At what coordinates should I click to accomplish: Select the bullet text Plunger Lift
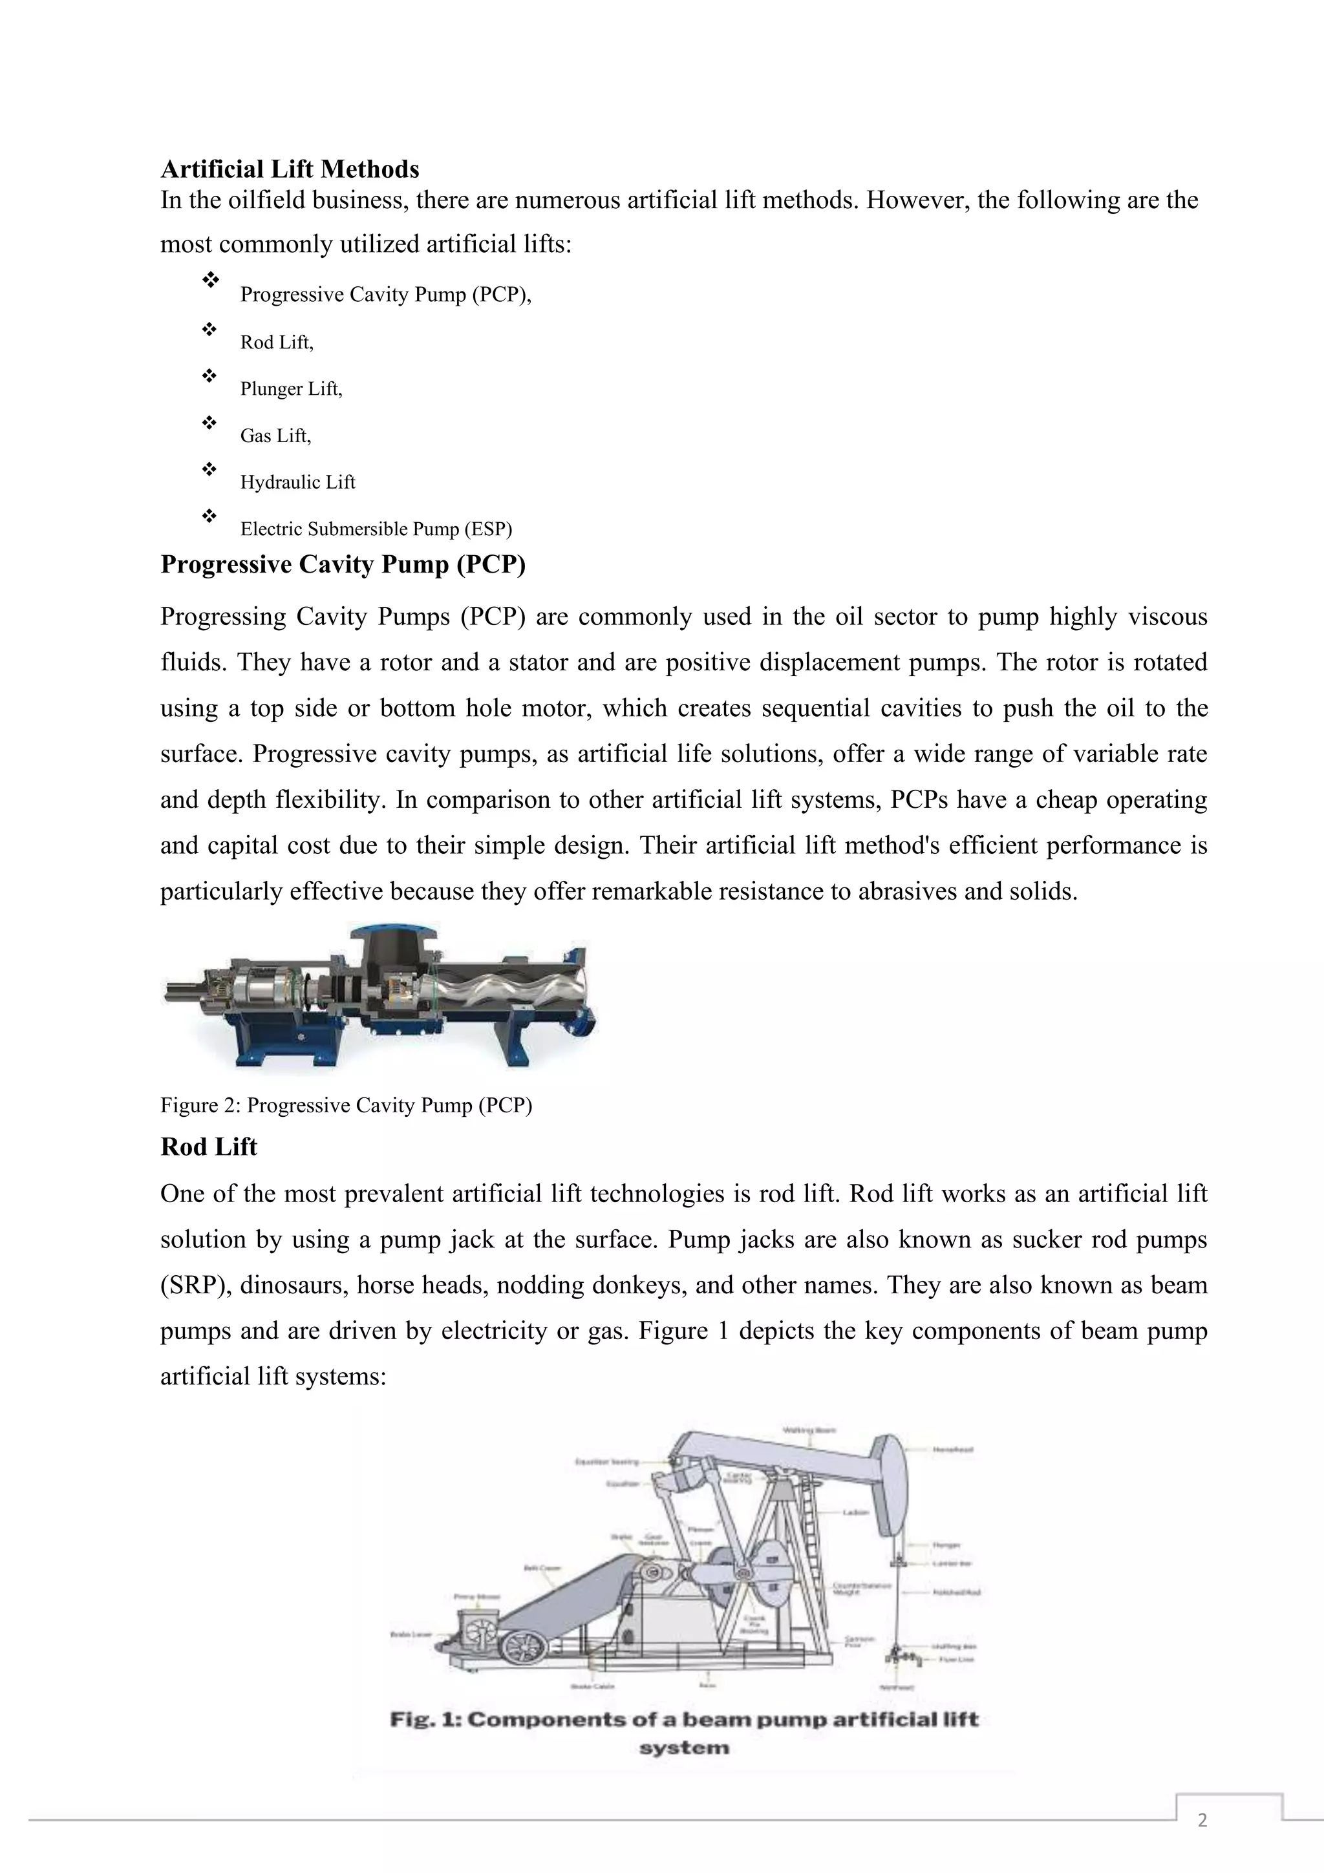pos(291,389)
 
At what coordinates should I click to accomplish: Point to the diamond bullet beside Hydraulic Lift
pos(209,469)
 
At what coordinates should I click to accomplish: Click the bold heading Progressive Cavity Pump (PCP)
pos(343,564)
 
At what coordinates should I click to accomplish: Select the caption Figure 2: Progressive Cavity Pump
pos(346,1105)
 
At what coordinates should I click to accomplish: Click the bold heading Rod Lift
pos(209,1147)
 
